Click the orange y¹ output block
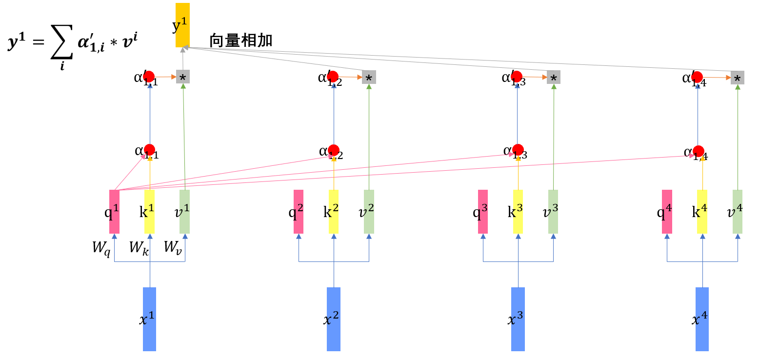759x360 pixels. click(x=182, y=25)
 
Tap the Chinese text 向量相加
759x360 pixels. click(x=240, y=41)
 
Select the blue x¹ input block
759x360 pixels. click(x=149, y=319)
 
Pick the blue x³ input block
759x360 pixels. click(x=518, y=319)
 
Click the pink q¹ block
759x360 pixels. click(x=114, y=212)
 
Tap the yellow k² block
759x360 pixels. click(x=334, y=212)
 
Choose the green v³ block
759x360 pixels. click(x=553, y=212)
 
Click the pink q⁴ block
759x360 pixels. click(x=667, y=212)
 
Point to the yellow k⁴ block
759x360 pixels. click(x=702, y=212)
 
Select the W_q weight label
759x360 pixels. click(x=101, y=247)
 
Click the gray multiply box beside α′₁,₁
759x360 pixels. click(x=183, y=77)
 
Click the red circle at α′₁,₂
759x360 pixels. click(x=334, y=77)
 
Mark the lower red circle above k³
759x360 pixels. click(x=518, y=149)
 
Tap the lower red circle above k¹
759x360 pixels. click(x=150, y=149)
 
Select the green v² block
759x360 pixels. click(x=369, y=212)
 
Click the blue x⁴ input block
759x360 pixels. click(x=702, y=319)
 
